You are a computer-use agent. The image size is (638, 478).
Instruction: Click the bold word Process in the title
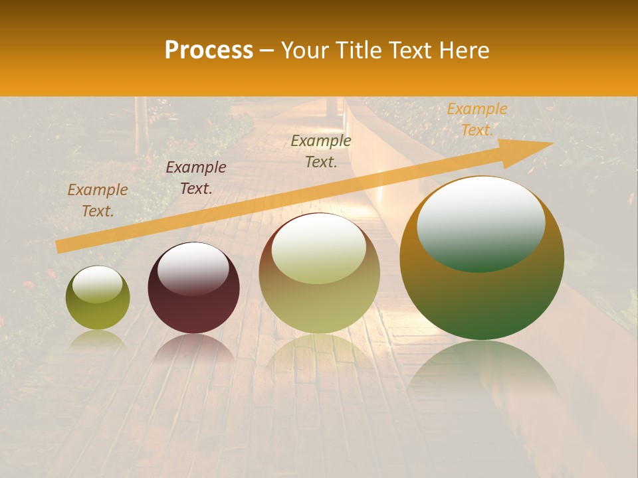[x=209, y=50]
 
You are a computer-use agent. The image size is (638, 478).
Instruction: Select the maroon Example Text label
[x=196, y=178]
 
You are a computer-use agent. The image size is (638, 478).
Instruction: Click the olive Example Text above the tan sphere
[x=321, y=151]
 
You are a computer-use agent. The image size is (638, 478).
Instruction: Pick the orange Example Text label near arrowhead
[x=477, y=119]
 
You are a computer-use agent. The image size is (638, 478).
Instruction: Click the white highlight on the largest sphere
[x=481, y=222]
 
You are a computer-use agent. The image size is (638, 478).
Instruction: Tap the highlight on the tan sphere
[x=319, y=249]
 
